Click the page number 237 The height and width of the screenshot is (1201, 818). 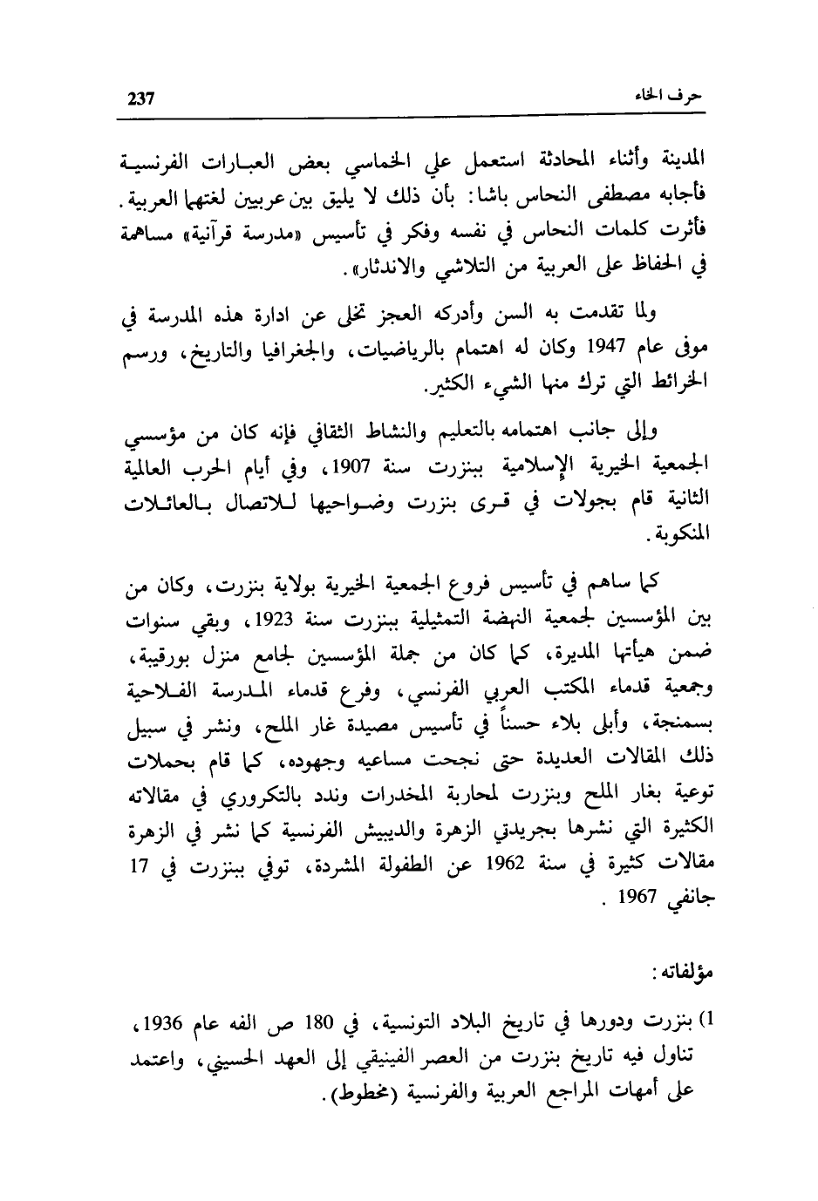pyautogui.click(x=140, y=97)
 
